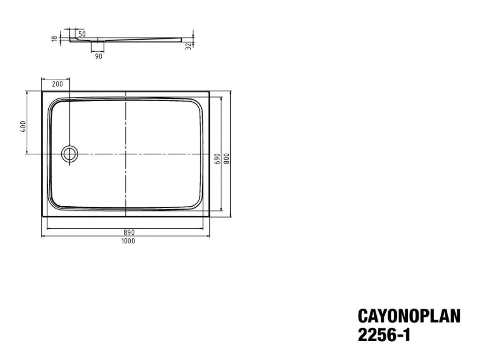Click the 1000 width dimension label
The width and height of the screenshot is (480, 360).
[128, 241]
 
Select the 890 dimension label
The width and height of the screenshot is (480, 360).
[129, 232]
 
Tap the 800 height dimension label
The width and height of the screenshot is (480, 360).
[226, 158]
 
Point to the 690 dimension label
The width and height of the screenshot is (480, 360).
[217, 158]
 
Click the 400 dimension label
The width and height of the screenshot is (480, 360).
[23, 127]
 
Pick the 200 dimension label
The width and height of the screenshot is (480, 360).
[57, 84]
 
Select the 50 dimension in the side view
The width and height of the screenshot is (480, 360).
[82, 34]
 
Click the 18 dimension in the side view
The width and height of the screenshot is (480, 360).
[55, 38]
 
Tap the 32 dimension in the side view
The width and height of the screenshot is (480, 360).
[188, 46]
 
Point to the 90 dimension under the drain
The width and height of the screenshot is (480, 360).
[98, 56]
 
